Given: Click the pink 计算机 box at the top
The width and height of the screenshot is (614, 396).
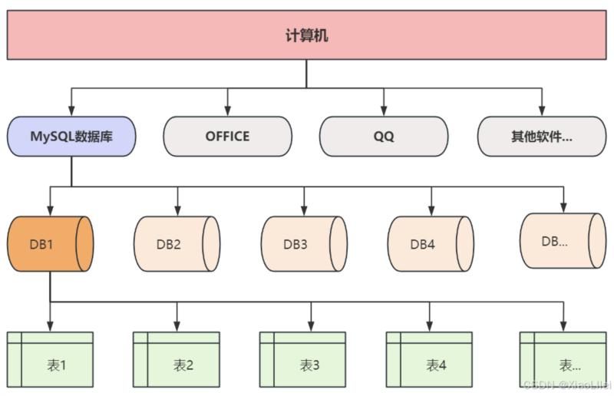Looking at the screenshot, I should point(306,35).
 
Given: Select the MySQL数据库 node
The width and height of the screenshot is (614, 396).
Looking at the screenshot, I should point(72,137).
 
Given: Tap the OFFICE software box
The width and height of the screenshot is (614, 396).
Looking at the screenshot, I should point(227,137).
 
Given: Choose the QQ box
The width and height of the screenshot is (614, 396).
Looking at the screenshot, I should point(383,137).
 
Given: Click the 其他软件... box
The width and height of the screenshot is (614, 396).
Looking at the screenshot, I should point(542,137).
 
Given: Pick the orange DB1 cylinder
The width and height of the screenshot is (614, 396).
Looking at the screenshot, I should point(51,243).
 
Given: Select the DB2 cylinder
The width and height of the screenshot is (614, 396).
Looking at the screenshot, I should point(177,243).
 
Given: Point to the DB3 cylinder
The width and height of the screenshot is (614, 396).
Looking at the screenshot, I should point(303,243).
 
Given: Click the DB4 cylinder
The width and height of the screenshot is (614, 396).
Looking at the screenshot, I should point(430,243).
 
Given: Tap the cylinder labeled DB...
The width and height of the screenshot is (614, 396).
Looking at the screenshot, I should point(563,240).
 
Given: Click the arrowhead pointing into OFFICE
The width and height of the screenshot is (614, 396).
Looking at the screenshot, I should point(227,112).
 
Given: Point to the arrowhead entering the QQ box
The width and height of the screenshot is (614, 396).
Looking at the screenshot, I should point(383,112).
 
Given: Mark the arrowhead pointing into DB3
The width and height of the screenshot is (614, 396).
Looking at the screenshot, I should point(303,212).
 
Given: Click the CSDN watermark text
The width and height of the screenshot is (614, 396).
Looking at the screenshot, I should point(565,384).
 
